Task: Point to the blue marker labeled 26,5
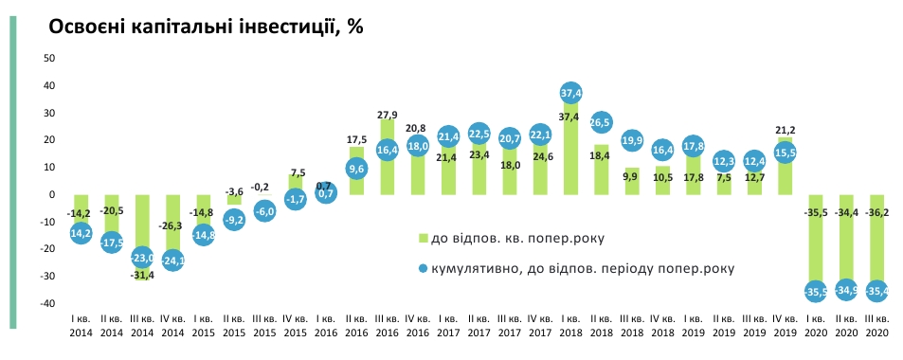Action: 601,122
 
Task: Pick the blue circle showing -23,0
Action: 142,257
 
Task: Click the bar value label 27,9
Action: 387,109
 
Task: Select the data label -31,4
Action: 142,276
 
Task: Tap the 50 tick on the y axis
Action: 51,59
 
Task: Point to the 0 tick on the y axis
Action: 53,195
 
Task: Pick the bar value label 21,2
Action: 785,130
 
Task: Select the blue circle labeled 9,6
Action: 356,169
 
